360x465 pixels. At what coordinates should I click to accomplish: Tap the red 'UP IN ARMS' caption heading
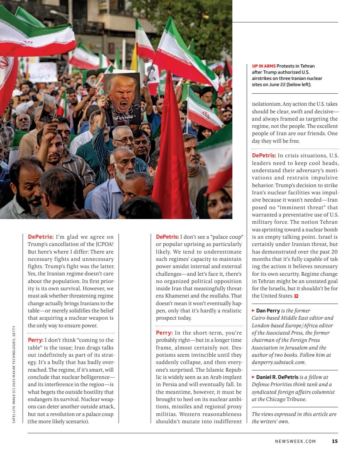pos(264,66)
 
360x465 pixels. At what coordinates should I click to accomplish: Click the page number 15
pos(335,441)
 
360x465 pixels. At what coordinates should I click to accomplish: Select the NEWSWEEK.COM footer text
pos(295,441)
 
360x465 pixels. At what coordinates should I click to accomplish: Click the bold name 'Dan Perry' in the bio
pos(268,311)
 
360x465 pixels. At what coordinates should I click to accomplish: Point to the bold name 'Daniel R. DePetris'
pos(277,377)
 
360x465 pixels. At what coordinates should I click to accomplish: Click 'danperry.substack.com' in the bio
pos(278,362)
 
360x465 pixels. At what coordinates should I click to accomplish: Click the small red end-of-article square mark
pos(296,296)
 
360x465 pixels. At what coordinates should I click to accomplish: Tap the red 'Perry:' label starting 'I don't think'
pos(36,340)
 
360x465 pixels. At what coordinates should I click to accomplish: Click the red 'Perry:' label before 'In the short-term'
pos(164,333)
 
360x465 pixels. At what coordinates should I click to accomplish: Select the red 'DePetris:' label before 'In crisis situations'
pos(264,155)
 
